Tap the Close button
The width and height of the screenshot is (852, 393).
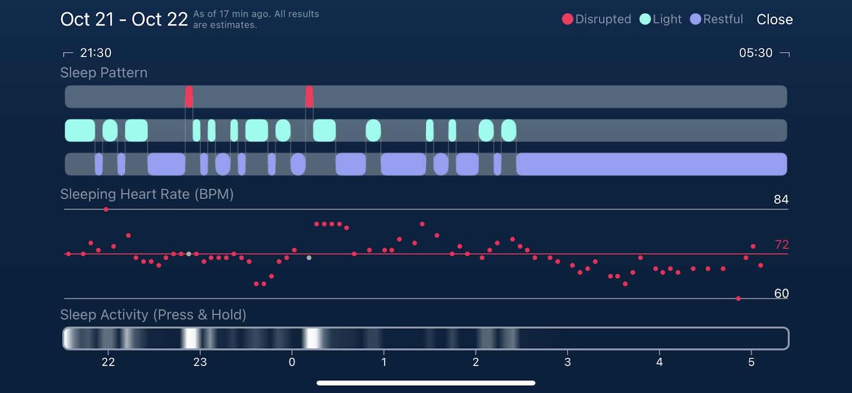click(x=774, y=20)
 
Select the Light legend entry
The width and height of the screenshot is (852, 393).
click(x=660, y=19)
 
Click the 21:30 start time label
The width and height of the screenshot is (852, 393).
click(x=95, y=53)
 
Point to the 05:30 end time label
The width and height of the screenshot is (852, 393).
click(x=755, y=53)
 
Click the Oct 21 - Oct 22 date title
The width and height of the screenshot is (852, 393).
click(x=124, y=20)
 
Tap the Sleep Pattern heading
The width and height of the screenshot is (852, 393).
click(x=104, y=73)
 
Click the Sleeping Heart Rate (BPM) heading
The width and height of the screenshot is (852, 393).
click(x=147, y=194)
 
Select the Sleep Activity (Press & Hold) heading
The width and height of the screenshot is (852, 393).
click(x=153, y=315)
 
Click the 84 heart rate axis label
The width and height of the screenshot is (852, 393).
click(x=781, y=199)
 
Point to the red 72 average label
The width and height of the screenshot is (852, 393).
click(x=781, y=245)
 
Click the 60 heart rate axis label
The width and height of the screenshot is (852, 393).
click(x=781, y=294)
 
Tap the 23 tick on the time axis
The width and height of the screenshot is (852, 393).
click(x=200, y=362)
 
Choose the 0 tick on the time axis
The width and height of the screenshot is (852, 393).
click(x=292, y=362)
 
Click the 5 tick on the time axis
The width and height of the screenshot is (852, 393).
click(x=751, y=362)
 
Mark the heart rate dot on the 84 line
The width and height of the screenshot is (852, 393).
click(x=106, y=210)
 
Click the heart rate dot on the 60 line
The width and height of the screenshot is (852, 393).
click(x=738, y=299)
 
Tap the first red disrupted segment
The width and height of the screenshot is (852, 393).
click(x=189, y=97)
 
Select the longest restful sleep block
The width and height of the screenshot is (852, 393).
click(x=651, y=164)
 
